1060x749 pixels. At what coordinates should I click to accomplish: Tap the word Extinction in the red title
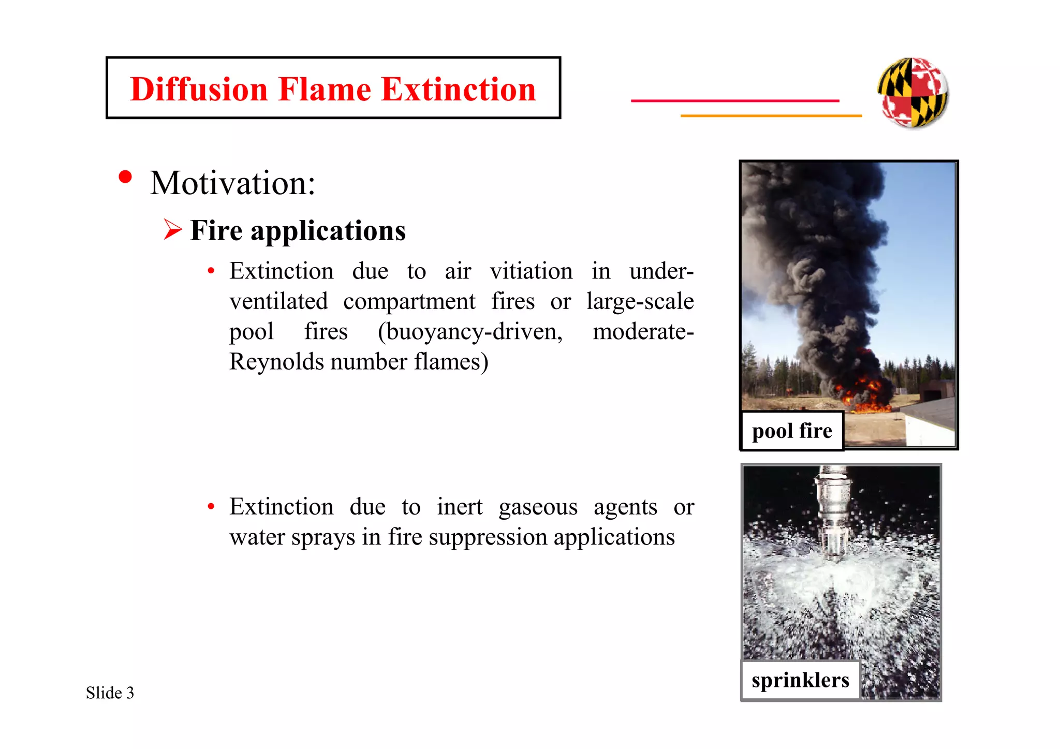(458, 89)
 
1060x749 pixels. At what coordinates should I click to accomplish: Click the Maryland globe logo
(913, 93)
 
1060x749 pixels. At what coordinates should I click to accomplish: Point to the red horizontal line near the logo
(735, 100)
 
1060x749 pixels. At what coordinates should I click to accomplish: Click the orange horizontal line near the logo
(771, 115)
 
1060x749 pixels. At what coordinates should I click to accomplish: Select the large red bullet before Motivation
(125, 177)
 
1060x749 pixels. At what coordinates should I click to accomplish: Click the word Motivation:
(233, 183)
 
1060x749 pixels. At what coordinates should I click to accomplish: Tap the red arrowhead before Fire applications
(173, 229)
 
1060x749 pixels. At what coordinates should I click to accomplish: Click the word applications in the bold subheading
(328, 231)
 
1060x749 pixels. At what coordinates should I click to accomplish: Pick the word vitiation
(531, 271)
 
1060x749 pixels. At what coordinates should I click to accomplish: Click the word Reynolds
(276, 362)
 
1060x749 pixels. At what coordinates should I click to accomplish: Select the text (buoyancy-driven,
(470, 332)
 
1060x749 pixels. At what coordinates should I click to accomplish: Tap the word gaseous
(538, 507)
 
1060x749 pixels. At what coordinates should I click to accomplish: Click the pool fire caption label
(792, 431)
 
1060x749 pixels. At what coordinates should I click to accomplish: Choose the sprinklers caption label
(800, 680)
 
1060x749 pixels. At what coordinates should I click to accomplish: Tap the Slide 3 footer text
(110, 693)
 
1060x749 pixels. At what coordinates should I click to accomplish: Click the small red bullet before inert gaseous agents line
(211, 506)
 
